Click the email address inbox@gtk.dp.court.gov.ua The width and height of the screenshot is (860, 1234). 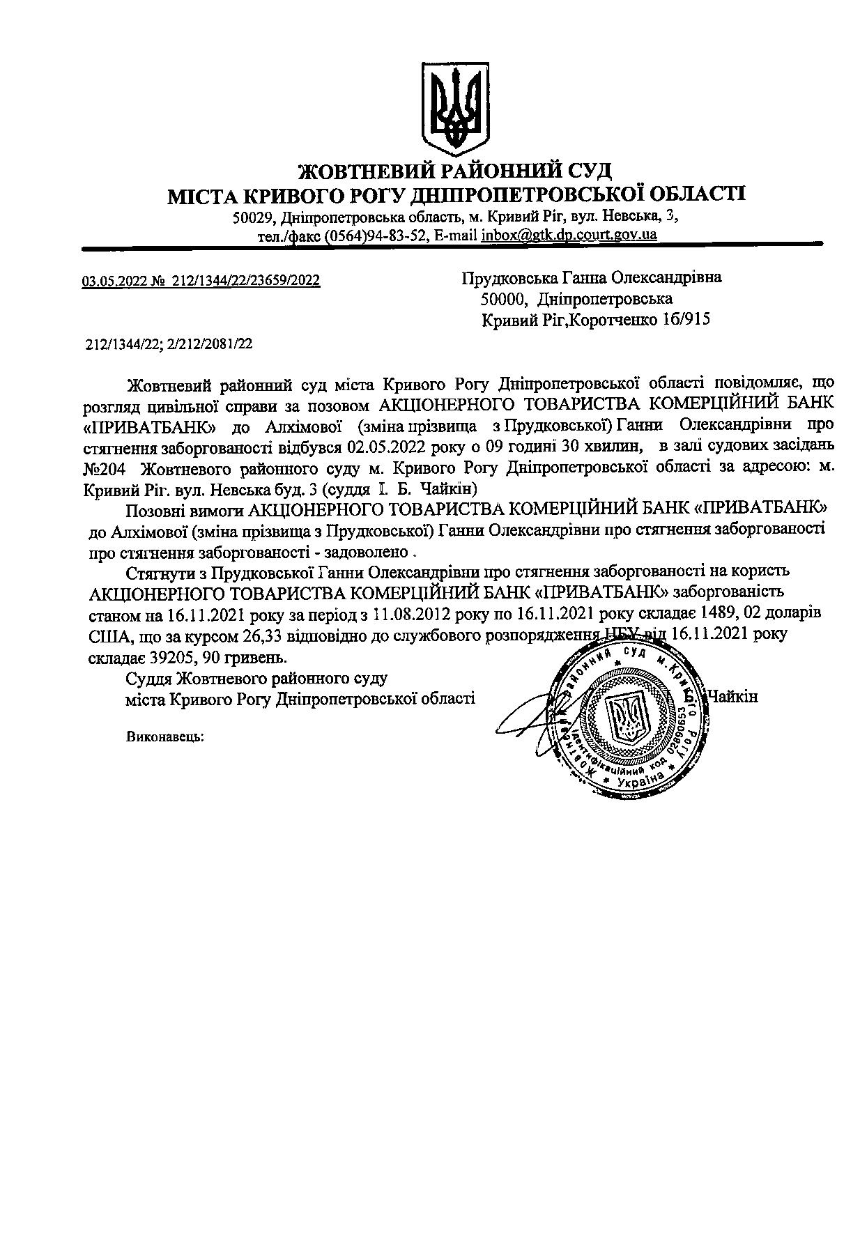pos(569,235)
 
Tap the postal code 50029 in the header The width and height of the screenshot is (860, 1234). pos(252,217)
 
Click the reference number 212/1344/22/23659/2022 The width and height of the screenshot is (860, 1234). pos(245,281)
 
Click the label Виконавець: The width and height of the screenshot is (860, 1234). pos(165,736)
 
